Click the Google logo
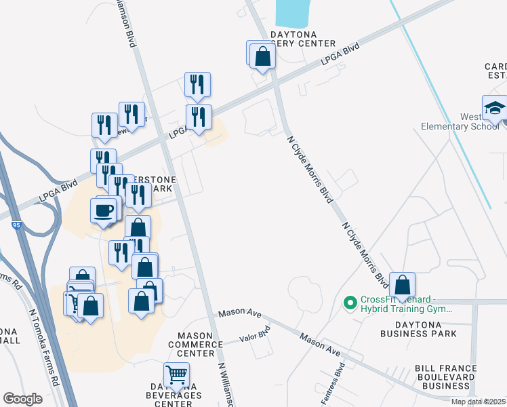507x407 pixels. (23, 399)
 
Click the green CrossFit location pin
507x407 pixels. (350, 302)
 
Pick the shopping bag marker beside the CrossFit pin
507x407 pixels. (402, 286)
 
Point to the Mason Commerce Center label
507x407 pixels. (200, 344)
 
